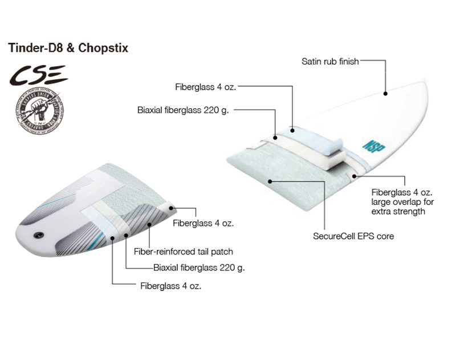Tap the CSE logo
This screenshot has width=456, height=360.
tap(35, 74)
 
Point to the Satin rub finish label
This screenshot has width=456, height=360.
tap(330, 61)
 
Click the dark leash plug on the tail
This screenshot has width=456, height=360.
tap(38, 235)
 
